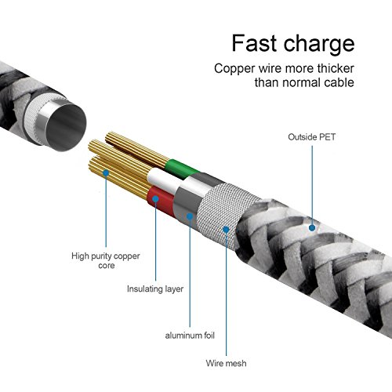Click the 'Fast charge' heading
(293, 44)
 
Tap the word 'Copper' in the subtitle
(234, 69)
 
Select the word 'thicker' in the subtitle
(336, 68)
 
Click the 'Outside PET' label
(312, 137)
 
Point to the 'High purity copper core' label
(106, 260)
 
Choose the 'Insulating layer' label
(155, 289)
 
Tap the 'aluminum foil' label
(190, 336)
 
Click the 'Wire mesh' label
(226, 363)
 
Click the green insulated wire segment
(181, 169)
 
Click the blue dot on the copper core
(106, 172)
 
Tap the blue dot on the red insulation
(155, 199)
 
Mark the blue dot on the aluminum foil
(190, 216)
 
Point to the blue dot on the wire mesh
(226, 230)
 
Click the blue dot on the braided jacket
(312, 227)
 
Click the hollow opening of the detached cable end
(66, 127)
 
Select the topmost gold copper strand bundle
(137, 148)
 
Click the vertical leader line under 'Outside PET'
(312, 185)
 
